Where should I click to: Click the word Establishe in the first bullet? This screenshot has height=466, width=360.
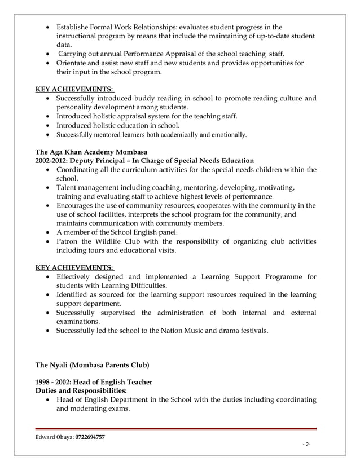pos(76,27)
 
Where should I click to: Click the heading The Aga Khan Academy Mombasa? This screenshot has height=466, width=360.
pos(91,152)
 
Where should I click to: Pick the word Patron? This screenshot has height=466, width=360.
pos(69,241)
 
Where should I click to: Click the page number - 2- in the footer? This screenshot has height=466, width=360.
pos(307,445)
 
